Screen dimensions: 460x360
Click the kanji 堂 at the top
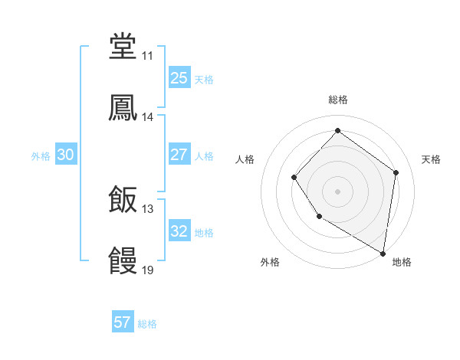(x=123, y=47)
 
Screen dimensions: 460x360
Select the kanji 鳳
(x=123, y=108)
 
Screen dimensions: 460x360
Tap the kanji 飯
(x=123, y=200)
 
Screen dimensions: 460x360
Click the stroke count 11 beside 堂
(x=147, y=56)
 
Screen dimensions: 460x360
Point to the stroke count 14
(x=147, y=117)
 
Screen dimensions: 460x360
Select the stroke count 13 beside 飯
(x=147, y=209)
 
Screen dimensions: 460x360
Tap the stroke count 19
(x=147, y=270)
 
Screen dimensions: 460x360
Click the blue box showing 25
(x=179, y=77)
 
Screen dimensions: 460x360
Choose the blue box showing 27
(x=179, y=155)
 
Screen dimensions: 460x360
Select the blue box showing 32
(x=179, y=231)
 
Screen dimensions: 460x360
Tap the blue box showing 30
(x=65, y=155)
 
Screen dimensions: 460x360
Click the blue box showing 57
(x=123, y=322)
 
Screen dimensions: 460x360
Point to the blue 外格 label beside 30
(x=41, y=156)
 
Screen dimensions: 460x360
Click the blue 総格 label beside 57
(x=147, y=324)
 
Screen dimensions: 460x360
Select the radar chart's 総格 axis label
(x=337, y=100)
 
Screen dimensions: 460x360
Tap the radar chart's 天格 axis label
(x=431, y=159)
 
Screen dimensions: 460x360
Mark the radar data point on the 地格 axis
(x=383, y=253)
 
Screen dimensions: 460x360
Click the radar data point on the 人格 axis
(x=294, y=178)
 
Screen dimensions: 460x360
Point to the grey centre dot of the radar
(x=337, y=191)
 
